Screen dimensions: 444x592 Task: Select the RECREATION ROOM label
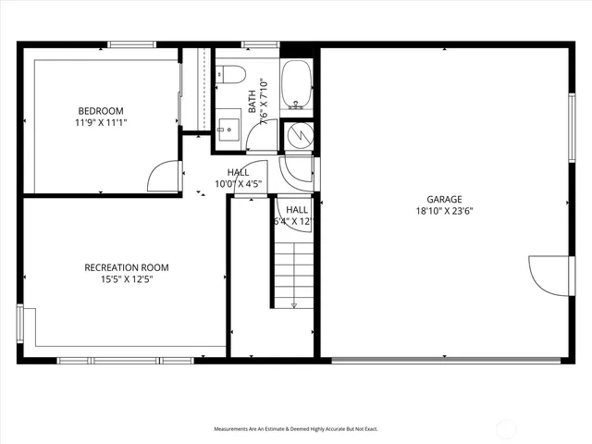[x=127, y=267]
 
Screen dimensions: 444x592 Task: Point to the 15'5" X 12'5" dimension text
[x=127, y=279]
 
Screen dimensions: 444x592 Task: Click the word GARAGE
[x=443, y=199]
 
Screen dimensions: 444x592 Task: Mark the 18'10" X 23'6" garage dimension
[x=443, y=211]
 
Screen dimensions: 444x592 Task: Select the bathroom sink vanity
[x=228, y=129]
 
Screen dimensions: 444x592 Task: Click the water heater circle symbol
[x=298, y=136]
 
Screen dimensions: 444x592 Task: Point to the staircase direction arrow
[x=293, y=277]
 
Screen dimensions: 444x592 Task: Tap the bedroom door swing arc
[x=164, y=177]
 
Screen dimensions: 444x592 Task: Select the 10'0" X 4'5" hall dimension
[x=239, y=183]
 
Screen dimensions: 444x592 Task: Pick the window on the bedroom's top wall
[x=132, y=43]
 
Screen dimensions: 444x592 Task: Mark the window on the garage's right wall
[x=571, y=105]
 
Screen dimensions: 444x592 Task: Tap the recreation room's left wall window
[x=20, y=325]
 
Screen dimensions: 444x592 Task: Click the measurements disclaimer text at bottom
[x=296, y=429]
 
